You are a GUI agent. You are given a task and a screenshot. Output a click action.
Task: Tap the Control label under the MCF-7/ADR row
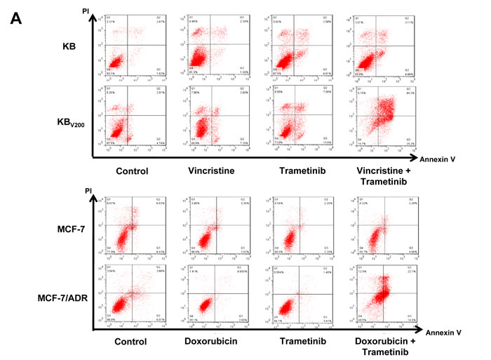129,342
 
